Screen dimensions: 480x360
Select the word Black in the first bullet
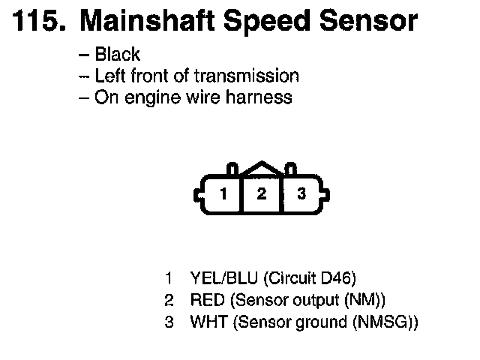pyautogui.click(x=118, y=55)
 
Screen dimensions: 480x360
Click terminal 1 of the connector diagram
pyautogui.click(x=223, y=193)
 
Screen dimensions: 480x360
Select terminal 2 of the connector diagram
pyautogui.click(x=262, y=193)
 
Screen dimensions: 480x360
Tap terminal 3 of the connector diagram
pyautogui.click(x=301, y=193)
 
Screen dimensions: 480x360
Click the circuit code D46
pyautogui.click(x=327, y=279)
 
